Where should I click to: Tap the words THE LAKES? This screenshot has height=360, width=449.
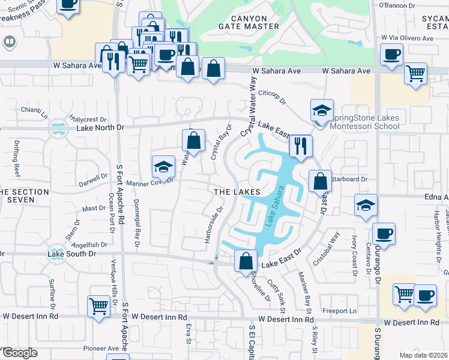[x=237, y=191]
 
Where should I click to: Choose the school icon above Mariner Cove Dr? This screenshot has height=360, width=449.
[x=163, y=167]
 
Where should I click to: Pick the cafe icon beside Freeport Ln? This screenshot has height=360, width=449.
[x=426, y=296]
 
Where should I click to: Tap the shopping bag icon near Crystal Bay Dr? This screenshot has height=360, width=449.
[x=193, y=142]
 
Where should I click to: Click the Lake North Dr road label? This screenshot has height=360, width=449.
[x=99, y=128]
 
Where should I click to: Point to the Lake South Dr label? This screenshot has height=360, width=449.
[x=71, y=254]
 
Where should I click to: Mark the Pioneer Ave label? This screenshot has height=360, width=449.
[x=101, y=348]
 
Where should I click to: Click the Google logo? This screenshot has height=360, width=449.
[x=20, y=353]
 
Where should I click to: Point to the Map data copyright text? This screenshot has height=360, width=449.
[x=423, y=355]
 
